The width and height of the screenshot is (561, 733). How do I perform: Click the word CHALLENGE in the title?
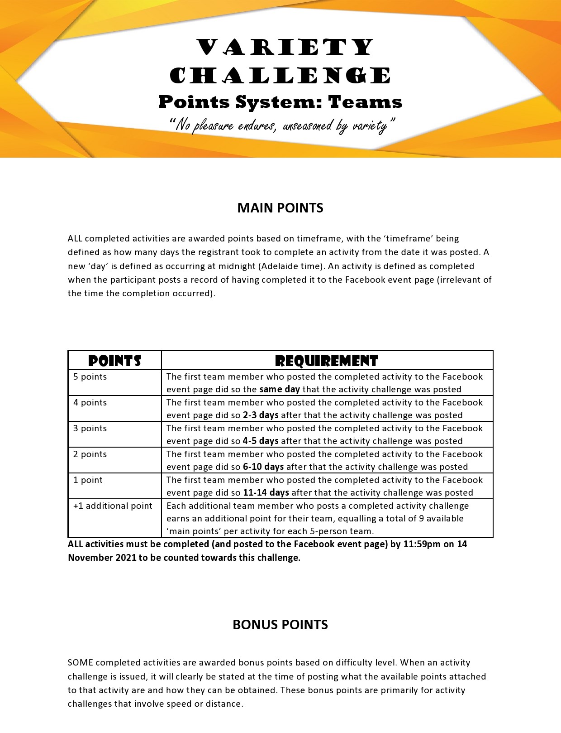pyautogui.click(x=280, y=76)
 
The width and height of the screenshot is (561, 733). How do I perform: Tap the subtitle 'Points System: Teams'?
pyautogui.click(x=280, y=102)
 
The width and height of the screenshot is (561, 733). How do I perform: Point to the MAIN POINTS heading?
pyautogui.click(x=280, y=208)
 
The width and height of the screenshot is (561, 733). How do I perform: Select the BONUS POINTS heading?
pyautogui.click(x=280, y=625)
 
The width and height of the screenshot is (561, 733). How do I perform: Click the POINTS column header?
pyautogui.click(x=114, y=361)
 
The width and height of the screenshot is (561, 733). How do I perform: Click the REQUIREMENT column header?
pyautogui.click(x=327, y=361)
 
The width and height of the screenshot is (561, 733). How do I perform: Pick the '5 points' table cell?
pyautogui.click(x=90, y=377)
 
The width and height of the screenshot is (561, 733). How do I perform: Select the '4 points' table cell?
pyautogui.click(x=90, y=403)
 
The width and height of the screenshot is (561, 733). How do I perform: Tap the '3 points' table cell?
pyautogui.click(x=90, y=429)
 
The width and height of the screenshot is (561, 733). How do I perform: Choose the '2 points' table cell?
pyautogui.click(x=90, y=454)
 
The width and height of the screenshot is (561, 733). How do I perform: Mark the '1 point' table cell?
pyautogui.click(x=88, y=480)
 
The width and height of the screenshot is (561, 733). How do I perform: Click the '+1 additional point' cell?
pyautogui.click(x=113, y=506)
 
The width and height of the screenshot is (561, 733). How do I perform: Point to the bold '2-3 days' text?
pyautogui.click(x=261, y=415)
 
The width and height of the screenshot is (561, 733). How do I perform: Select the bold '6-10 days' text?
pyautogui.click(x=263, y=467)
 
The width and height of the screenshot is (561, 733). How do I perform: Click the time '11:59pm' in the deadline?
pyautogui.click(x=422, y=544)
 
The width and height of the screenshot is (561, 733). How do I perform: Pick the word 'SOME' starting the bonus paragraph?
pyautogui.click(x=81, y=663)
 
